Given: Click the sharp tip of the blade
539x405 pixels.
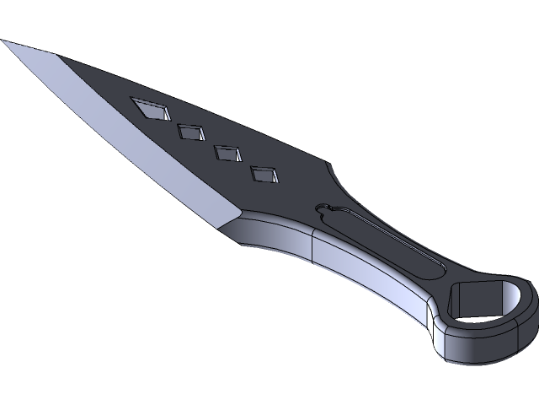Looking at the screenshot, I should coord(3,42).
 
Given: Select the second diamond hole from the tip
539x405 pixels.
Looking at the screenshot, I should coord(193,132).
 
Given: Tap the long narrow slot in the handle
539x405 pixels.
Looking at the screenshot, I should coord(379,241).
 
